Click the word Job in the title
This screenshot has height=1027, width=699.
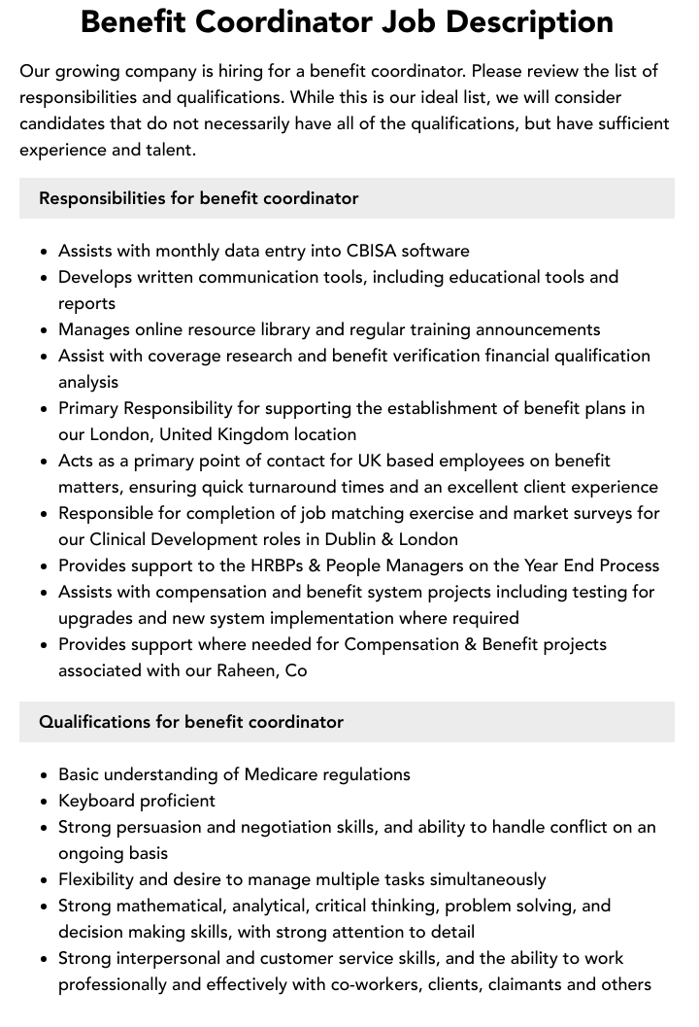click(413, 22)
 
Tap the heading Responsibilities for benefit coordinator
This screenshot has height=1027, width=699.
click(199, 198)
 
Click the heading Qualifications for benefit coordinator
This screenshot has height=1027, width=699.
click(191, 722)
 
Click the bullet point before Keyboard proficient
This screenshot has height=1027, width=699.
click(44, 802)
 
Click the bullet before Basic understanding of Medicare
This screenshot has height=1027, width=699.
click(44, 775)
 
